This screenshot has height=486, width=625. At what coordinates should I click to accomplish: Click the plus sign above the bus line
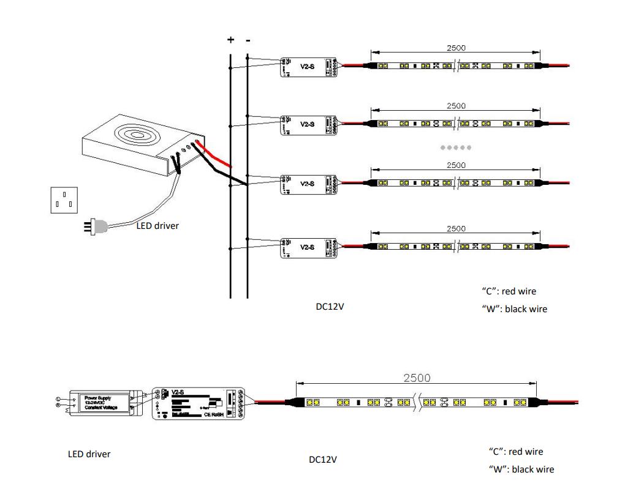pyautogui.click(x=230, y=40)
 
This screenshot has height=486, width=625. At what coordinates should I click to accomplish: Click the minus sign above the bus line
pyautogui.click(x=248, y=40)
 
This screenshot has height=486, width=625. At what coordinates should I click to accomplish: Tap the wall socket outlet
pyautogui.click(x=65, y=200)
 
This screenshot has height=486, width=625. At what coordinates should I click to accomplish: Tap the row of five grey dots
pyautogui.click(x=456, y=148)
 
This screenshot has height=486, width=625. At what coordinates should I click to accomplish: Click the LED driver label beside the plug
pyautogui.click(x=157, y=226)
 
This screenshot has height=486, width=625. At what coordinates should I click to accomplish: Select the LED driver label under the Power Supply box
pyautogui.click(x=89, y=454)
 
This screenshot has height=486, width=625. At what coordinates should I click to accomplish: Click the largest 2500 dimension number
pyautogui.click(x=417, y=378)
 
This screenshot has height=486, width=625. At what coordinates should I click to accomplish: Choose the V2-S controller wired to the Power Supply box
pyautogui.click(x=197, y=403)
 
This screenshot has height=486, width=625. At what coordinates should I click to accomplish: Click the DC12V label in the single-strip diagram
pyautogui.click(x=322, y=459)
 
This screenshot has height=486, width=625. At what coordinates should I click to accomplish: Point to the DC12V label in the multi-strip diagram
pyautogui.click(x=330, y=307)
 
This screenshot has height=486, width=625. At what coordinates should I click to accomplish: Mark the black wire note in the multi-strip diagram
pyautogui.click(x=514, y=309)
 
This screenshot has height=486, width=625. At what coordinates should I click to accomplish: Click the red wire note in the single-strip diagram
pyautogui.click(x=515, y=452)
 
